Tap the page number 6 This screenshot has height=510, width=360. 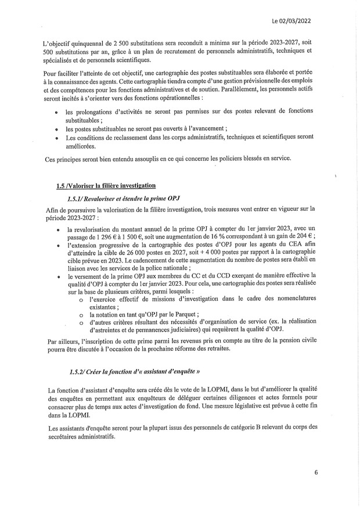[316, 472]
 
